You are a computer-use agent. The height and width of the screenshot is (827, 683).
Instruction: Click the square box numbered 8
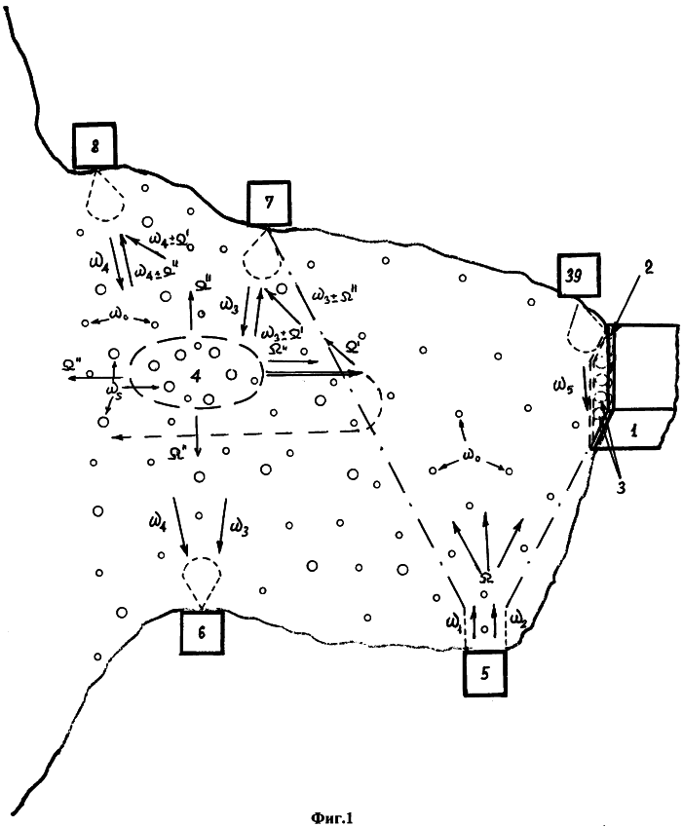pos(95,146)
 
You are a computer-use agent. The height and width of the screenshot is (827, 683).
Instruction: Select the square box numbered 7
pos(269,205)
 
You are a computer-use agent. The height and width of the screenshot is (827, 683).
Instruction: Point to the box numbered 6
pos(202,632)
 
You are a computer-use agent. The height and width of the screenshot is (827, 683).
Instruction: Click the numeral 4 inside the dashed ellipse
pos(206,373)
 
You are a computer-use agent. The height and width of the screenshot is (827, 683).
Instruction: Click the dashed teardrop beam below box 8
pos(104,195)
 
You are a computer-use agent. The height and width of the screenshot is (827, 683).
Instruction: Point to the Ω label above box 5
pos(486,580)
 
